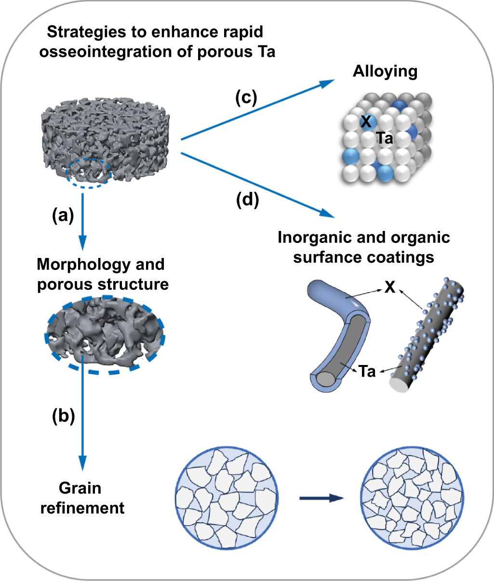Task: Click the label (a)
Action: click(x=63, y=216)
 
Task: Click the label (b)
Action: click(x=63, y=416)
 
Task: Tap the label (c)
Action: click(x=246, y=98)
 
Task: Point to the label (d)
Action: click(x=248, y=200)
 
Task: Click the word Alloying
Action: click(x=385, y=71)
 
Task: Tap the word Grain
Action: click(x=80, y=488)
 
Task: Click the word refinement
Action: click(x=82, y=508)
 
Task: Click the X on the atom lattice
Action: click(x=366, y=122)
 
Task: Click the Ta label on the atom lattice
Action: click(x=385, y=139)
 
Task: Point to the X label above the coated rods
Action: click(x=389, y=288)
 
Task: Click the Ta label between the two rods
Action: click(x=367, y=372)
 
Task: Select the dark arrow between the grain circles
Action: click(x=320, y=499)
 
